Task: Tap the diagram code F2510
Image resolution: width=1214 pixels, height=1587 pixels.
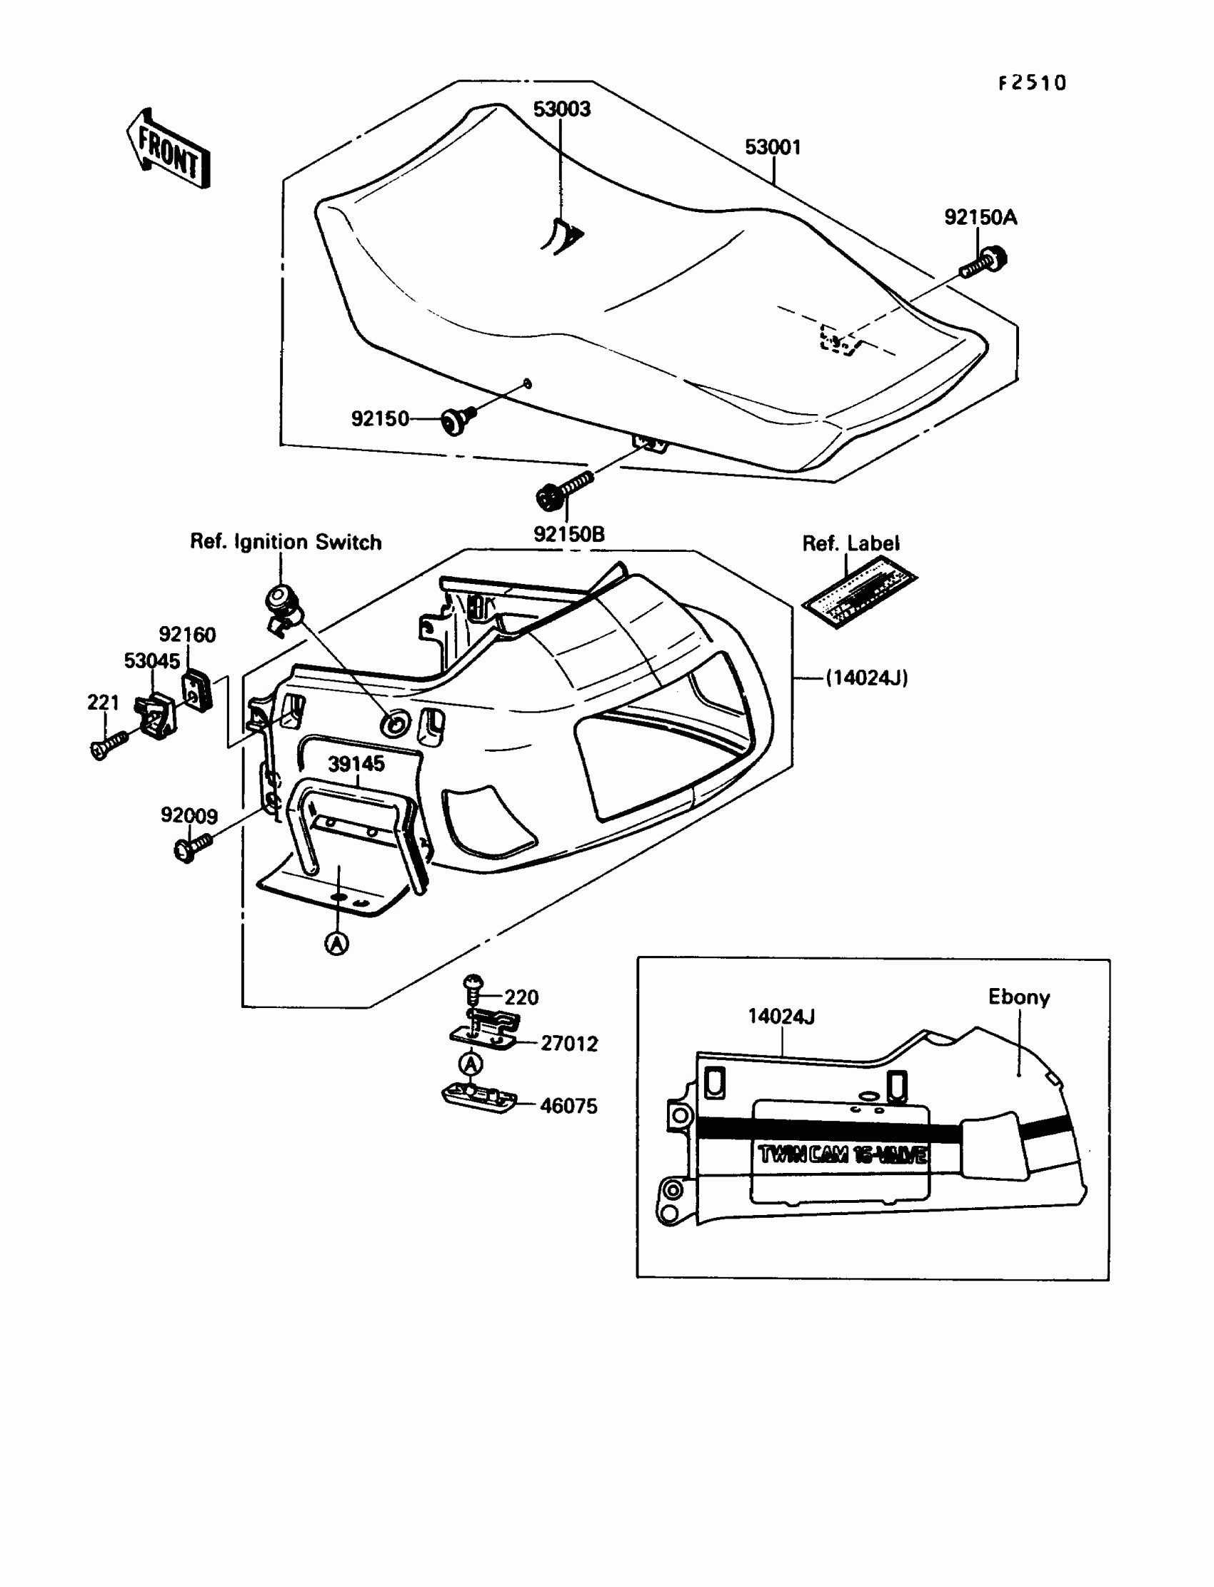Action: pos(1032,83)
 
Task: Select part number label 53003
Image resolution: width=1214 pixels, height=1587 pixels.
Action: pos(561,109)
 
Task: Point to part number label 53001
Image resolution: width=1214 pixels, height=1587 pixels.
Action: pos(773,147)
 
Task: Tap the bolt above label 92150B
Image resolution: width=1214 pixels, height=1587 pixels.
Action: pos(563,489)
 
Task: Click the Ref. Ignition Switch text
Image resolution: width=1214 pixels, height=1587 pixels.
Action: pos(286,542)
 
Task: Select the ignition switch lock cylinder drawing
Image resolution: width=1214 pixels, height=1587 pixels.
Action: pos(283,605)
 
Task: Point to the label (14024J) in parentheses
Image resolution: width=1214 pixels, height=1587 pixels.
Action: pos(866,677)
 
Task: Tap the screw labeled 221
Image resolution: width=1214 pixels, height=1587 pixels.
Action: pos(109,745)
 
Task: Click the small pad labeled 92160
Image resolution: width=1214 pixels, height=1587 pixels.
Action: pos(197,690)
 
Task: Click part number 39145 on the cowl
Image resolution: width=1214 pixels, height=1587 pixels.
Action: pos(356,765)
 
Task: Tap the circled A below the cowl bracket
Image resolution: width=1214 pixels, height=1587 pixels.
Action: pos(337,942)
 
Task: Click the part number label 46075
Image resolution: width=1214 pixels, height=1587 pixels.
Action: pos(568,1106)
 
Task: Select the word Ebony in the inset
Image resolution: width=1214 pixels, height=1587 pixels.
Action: pos(1019,997)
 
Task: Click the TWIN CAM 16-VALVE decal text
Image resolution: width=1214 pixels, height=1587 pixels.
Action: pos(843,1154)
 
